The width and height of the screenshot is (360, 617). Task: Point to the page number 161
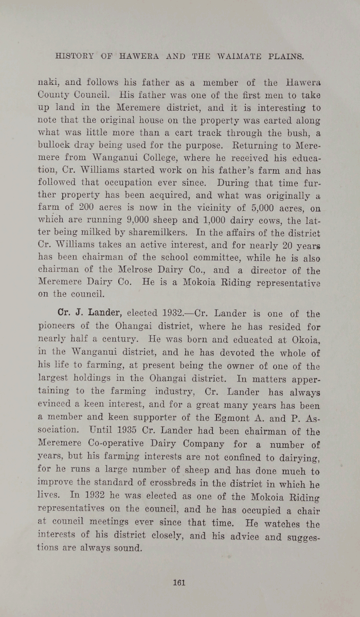pyautogui.click(x=179, y=583)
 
